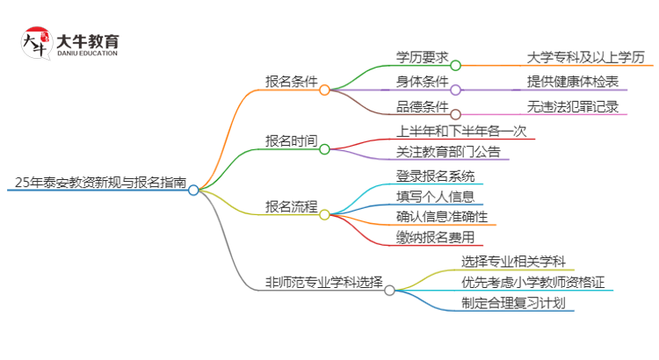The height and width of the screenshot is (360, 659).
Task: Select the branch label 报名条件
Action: [291, 82]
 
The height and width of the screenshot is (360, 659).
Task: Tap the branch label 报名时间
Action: [291, 140]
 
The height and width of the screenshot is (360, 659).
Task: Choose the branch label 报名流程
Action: [291, 206]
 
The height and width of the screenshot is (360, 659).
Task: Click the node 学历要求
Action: [422, 57]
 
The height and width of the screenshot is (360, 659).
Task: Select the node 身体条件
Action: [422, 83]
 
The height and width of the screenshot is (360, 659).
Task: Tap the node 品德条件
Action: [422, 107]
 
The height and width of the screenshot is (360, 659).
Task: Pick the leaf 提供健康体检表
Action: [572, 83]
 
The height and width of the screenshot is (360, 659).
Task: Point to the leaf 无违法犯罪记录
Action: [572, 107]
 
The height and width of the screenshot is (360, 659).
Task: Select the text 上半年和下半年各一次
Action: [461, 131]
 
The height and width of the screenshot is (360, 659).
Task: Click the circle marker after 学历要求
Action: [455, 65]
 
